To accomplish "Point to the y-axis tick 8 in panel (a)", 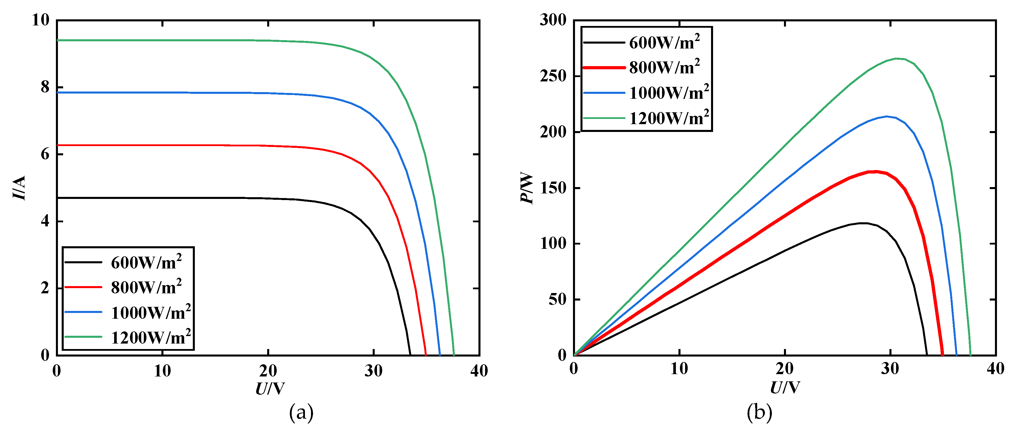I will [45, 87].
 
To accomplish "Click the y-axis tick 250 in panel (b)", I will [553, 76].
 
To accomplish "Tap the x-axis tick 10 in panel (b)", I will [679, 369].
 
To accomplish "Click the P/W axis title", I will [527, 188].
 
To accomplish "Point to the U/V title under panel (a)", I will [270, 389].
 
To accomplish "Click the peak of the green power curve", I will [896, 59].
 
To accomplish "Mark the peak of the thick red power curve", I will [876, 171].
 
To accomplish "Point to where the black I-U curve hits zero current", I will [410, 354].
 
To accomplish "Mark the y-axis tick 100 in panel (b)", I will [553, 243].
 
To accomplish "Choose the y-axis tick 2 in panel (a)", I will [45, 288].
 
